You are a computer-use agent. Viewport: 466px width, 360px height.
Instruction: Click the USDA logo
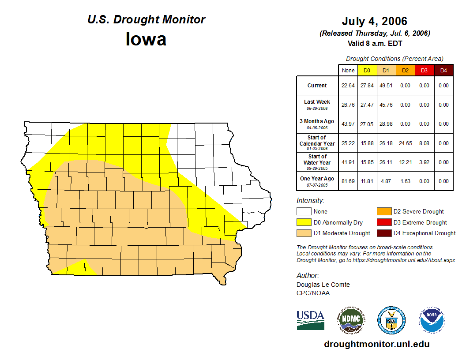click(310, 320)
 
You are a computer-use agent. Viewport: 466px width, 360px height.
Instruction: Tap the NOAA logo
click(432, 320)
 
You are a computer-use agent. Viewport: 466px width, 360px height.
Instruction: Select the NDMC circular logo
click(351, 320)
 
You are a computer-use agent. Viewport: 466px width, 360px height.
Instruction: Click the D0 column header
click(367, 70)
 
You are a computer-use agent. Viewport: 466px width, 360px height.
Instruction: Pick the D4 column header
click(443, 70)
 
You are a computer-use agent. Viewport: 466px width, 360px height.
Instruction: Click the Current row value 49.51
click(386, 86)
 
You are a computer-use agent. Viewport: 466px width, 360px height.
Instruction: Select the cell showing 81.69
click(348, 181)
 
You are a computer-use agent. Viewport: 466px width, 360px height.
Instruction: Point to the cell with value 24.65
click(405, 143)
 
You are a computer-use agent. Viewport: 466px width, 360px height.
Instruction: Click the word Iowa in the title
click(146, 39)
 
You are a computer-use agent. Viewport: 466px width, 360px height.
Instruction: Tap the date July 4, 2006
click(374, 21)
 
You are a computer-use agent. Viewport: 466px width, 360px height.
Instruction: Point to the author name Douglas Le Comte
click(323, 285)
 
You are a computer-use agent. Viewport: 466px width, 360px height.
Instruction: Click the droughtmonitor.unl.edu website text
click(376, 344)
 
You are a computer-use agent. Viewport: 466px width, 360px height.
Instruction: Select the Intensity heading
click(310, 201)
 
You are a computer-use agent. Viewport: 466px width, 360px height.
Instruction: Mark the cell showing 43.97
click(348, 124)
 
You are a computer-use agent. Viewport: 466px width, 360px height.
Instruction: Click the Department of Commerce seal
click(391, 320)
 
